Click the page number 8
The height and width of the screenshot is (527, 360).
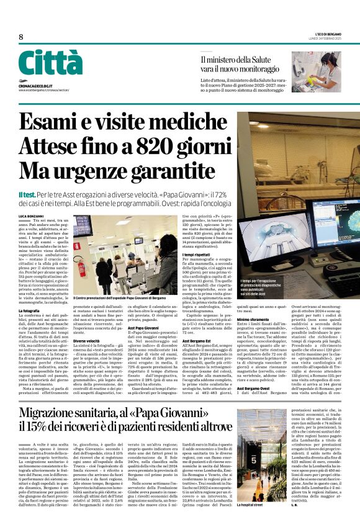pos(21,37)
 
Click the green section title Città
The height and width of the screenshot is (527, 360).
pos(50,63)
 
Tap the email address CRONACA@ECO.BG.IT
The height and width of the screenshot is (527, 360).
pos(35,85)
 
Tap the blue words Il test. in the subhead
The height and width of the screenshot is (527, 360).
pos(28,195)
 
